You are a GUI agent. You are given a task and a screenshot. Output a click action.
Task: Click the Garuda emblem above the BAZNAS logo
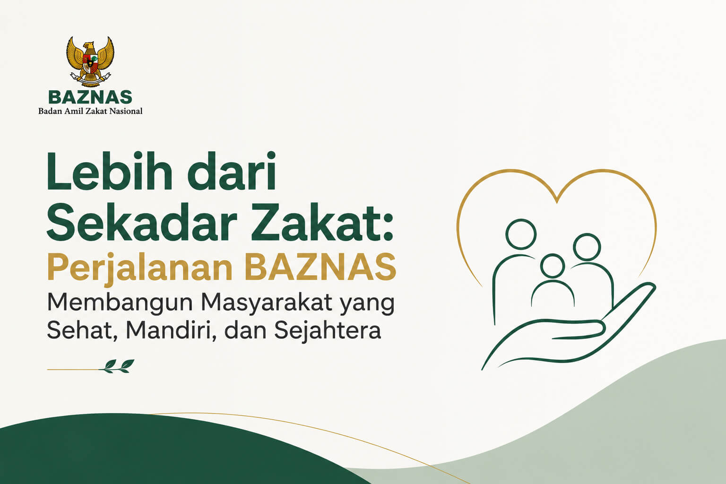tap(90, 61)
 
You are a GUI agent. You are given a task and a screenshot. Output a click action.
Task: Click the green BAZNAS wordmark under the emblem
tap(90, 97)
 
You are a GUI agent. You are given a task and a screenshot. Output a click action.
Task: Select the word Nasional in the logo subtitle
tap(126, 111)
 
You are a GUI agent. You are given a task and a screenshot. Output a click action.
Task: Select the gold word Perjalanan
tap(140, 268)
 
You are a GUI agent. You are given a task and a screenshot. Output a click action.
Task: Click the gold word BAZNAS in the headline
tap(320, 267)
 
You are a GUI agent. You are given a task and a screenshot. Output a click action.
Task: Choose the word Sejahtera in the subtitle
tap(328, 331)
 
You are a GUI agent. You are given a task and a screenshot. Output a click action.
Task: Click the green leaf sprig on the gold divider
tap(117, 366)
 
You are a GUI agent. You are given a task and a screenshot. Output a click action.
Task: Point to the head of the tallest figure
tap(521, 234)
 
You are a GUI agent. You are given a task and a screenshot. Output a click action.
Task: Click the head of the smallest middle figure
tap(553, 266)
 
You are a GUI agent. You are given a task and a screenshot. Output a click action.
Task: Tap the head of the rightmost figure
tap(587, 247)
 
